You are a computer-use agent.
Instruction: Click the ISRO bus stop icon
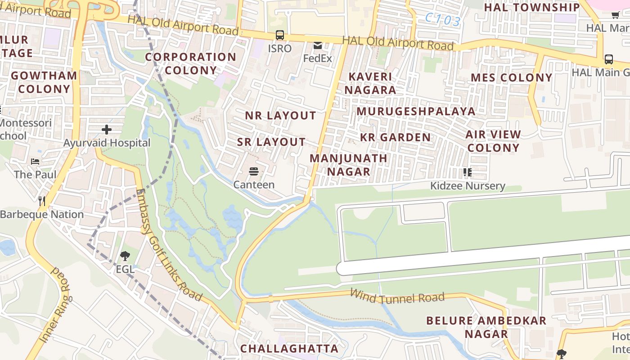pyautogui.click(x=279, y=35)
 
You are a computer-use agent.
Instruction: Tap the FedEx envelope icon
pyautogui.click(x=318, y=45)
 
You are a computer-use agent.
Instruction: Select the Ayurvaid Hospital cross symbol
pyautogui.click(x=107, y=130)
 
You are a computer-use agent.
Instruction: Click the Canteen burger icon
pyautogui.click(x=254, y=171)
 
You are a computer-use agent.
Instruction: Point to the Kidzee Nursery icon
pyautogui.click(x=468, y=172)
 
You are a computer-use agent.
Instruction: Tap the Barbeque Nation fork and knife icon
pyautogui.click(x=42, y=201)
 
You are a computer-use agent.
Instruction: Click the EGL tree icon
pyautogui.click(x=125, y=256)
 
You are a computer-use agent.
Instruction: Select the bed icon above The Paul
pyautogui.click(x=35, y=161)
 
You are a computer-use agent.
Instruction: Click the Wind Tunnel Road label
pyautogui.click(x=397, y=297)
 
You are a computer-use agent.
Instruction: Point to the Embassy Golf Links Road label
pyautogui.click(x=168, y=245)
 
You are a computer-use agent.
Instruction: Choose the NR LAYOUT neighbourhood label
pyautogui.click(x=280, y=116)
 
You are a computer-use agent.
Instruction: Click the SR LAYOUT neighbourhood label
pyautogui.click(x=271, y=142)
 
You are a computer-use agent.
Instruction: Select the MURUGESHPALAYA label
pyautogui.click(x=416, y=111)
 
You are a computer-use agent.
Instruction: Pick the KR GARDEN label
pyautogui.click(x=396, y=137)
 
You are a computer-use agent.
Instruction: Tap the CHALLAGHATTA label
pyautogui.click(x=289, y=349)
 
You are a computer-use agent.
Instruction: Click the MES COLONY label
pyautogui.click(x=511, y=77)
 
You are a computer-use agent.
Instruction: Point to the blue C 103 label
pyautogui.click(x=443, y=20)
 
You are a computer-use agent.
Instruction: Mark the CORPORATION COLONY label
pyautogui.click(x=190, y=64)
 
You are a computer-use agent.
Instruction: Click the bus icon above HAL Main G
pyautogui.click(x=608, y=59)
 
